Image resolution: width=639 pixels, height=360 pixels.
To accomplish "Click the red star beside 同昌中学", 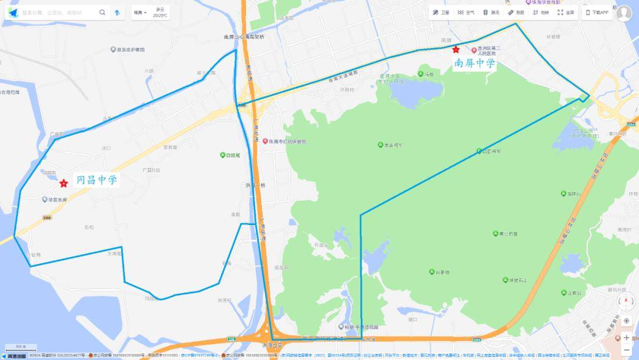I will (64, 184).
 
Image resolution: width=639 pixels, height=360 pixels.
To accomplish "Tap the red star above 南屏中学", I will (456, 50).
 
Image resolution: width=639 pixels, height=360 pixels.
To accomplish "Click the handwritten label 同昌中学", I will (97, 180).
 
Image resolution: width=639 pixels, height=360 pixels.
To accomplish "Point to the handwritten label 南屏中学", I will (475, 63).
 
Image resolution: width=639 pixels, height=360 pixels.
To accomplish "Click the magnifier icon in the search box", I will (102, 12).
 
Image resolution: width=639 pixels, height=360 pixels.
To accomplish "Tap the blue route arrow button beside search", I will (117, 12).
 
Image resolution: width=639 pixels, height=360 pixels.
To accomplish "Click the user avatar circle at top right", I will (624, 13).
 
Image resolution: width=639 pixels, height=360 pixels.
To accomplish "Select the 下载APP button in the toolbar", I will (598, 12).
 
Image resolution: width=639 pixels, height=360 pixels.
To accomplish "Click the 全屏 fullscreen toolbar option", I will (566, 12).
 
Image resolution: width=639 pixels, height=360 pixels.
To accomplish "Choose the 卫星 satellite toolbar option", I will (441, 12).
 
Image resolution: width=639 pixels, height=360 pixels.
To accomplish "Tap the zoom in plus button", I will (627, 337).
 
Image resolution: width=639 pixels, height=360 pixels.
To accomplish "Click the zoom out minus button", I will (627, 350).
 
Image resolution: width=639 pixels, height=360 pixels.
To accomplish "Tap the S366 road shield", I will (47, 218).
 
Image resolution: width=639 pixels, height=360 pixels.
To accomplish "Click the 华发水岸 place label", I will (57, 200).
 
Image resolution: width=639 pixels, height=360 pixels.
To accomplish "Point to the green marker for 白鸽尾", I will (222, 155).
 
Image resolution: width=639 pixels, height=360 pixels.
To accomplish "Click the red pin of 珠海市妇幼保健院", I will (265, 142).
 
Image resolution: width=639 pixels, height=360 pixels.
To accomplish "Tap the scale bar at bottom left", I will (20, 347).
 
